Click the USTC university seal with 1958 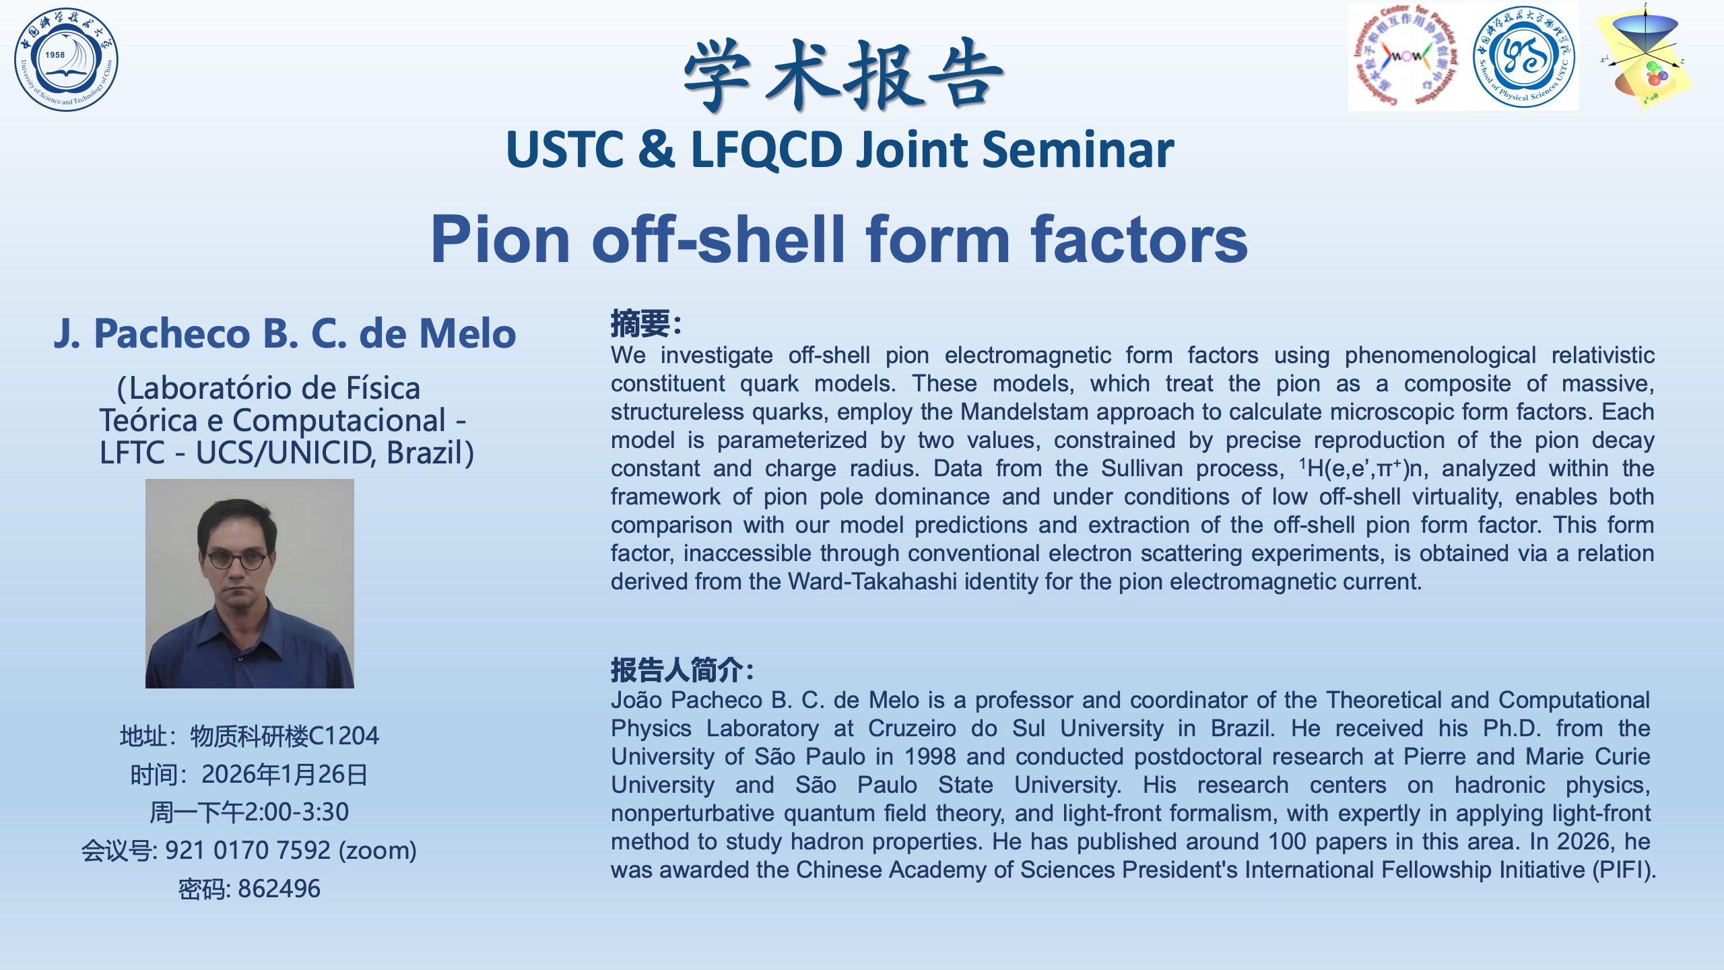(66, 59)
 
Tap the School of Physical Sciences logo (1524, 56)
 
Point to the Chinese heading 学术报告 (843, 75)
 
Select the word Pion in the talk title (500, 238)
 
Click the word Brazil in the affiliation (425, 453)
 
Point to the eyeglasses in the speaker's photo (236, 559)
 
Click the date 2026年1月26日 (285, 775)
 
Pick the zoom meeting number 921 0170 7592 (248, 851)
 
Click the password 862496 (279, 889)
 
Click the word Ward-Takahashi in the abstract (872, 581)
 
